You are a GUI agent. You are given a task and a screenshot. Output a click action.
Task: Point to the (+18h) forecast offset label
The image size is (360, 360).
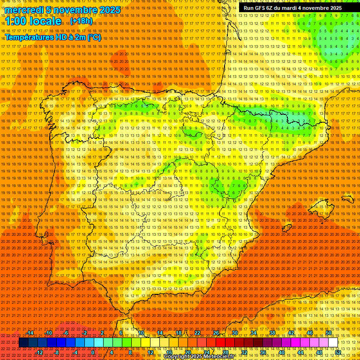[82, 21]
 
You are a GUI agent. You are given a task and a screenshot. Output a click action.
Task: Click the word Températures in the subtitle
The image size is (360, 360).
[29, 37]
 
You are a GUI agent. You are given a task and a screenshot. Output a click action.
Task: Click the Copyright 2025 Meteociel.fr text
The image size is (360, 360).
[199, 357]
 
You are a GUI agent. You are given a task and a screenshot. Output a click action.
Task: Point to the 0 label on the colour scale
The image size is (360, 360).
[93, 352]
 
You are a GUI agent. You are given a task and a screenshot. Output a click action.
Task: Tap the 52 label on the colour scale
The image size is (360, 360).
[337, 352]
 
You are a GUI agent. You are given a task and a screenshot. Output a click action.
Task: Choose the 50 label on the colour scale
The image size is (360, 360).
[329, 333]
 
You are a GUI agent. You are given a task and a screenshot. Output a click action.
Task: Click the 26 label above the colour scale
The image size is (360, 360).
[216, 333]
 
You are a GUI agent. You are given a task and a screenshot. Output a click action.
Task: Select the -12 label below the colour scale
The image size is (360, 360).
[39, 352]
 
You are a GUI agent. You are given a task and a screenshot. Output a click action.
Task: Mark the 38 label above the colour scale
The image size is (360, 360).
[272, 333]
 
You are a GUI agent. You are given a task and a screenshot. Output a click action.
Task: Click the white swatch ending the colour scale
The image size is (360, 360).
[333, 343]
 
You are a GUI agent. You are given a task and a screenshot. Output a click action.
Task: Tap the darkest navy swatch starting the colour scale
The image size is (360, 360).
[23, 343]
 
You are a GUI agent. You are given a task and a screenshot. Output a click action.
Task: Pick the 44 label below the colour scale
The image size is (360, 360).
[300, 352]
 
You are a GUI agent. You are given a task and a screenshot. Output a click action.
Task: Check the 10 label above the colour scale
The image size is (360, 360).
[141, 333]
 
